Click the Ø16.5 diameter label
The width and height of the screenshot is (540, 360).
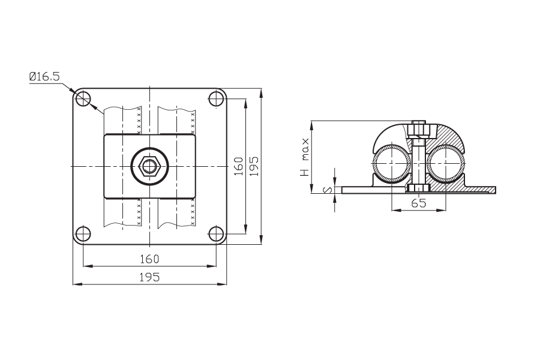(44, 76)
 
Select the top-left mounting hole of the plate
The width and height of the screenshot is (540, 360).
(83, 99)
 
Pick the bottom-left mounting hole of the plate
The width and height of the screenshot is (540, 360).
(83, 233)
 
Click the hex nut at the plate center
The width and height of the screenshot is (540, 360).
(149, 166)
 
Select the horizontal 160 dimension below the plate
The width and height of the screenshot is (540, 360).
(149, 259)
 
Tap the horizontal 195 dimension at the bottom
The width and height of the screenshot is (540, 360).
(149, 277)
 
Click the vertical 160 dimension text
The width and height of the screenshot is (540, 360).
(239, 166)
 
